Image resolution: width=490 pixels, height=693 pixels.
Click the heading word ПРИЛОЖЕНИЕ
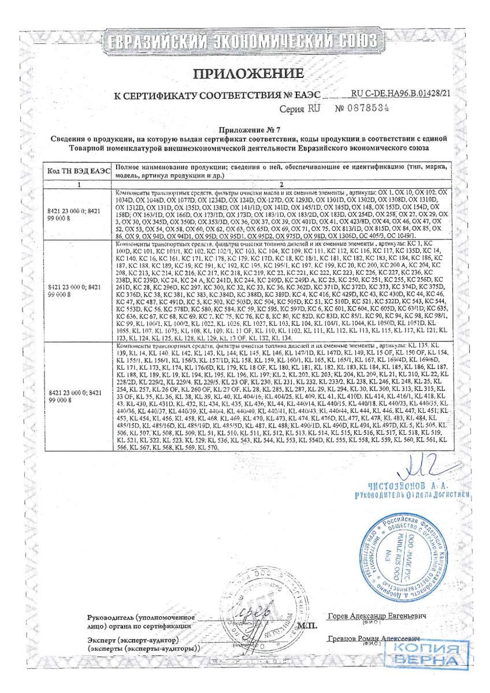(x=248, y=74)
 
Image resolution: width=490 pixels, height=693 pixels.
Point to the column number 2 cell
(x=282, y=184)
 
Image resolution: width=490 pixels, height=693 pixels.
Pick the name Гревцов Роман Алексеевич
(x=373, y=639)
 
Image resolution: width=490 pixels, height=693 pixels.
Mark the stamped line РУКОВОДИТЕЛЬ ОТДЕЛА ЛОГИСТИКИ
(x=414, y=495)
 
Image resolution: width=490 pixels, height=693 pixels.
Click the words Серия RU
(x=299, y=109)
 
